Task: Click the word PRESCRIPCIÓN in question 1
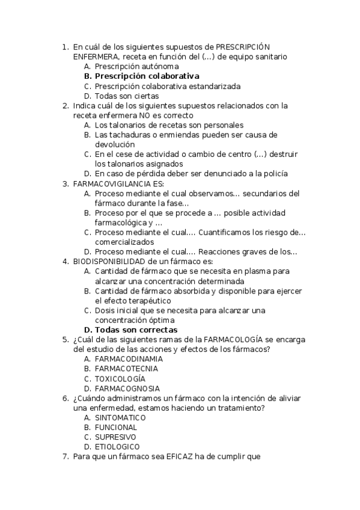pos(243,47)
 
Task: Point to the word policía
pos(274,174)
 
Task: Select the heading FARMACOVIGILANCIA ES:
pos(118,184)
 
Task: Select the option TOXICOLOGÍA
pos(120,379)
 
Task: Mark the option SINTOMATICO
pos(120,417)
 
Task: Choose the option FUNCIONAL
pos(116,428)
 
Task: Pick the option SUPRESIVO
pos(115,437)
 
